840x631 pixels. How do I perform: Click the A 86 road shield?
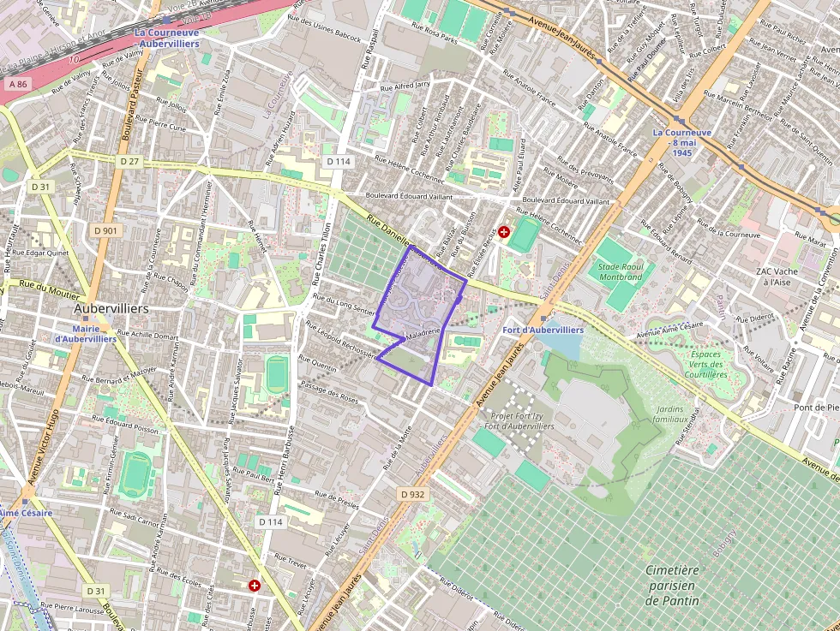tap(17, 84)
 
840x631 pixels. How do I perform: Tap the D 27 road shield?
tap(129, 161)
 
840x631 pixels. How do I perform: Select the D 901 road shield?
tap(106, 231)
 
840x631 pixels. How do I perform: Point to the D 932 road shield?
tap(412, 494)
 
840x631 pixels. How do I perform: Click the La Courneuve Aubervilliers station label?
tap(168, 38)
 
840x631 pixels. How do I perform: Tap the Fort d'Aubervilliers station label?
tap(544, 330)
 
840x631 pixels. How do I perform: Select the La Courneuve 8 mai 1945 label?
tap(682, 142)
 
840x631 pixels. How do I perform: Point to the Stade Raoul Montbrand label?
tap(621, 271)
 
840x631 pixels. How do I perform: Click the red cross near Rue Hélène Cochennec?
tap(503, 231)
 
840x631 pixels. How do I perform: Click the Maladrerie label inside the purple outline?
tap(417, 332)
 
